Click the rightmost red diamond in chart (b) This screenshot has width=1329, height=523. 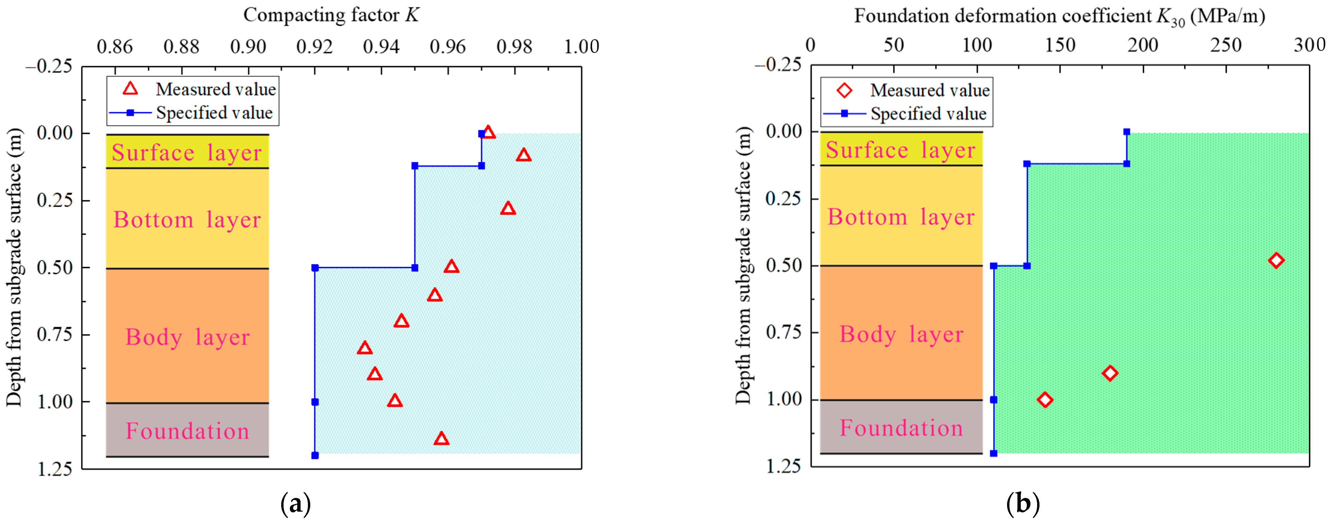[1276, 260]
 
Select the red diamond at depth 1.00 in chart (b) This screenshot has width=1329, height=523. [1045, 399]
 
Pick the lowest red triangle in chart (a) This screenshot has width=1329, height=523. [441, 439]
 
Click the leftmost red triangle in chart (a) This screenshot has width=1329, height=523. [365, 348]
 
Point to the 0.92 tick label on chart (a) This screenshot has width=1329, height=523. [314, 47]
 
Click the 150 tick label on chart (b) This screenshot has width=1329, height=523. [1060, 45]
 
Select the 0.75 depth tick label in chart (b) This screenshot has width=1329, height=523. [783, 333]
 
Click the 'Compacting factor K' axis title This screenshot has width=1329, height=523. [331, 15]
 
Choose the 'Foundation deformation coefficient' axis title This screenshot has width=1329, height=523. [1059, 16]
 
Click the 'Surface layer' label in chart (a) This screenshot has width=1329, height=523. [187, 153]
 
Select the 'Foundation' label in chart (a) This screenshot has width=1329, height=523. [187, 431]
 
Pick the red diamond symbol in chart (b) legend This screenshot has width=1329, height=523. [845, 91]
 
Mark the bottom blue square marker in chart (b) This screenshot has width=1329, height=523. [994, 453]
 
